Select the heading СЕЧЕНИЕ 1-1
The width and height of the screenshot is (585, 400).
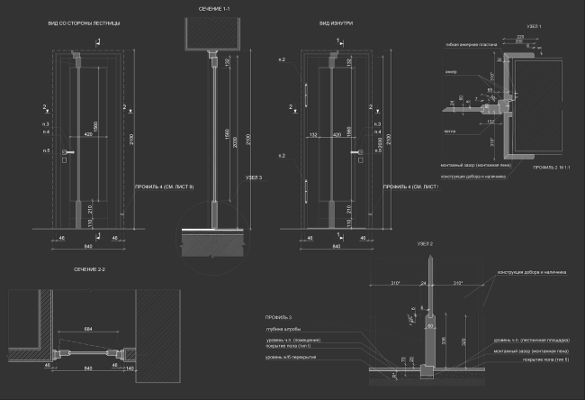pyautogui.click(x=216, y=8)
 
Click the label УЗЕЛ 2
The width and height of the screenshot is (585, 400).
pyautogui.click(x=425, y=245)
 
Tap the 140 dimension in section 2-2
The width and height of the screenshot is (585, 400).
pyautogui.click(x=130, y=368)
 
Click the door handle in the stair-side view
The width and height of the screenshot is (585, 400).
pyautogui.click(x=67, y=154)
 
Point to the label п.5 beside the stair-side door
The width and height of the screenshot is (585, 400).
pyautogui.click(x=47, y=150)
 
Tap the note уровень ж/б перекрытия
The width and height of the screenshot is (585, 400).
pyautogui.click(x=290, y=358)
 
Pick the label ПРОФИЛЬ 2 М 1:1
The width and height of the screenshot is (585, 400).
pyautogui.click(x=552, y=168)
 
